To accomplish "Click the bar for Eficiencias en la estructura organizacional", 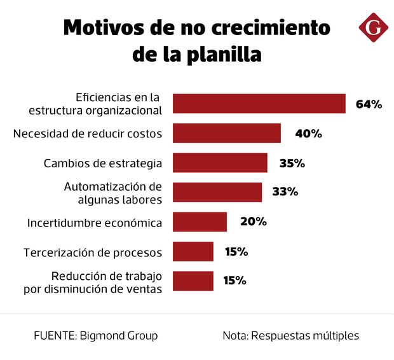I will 259,104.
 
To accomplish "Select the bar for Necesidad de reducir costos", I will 227,134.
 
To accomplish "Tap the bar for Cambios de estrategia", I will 220,163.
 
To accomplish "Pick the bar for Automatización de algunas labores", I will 217,192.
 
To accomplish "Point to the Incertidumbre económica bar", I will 200,222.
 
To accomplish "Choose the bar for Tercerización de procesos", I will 193,251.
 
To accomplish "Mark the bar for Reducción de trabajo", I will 193,280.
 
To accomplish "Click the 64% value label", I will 369,104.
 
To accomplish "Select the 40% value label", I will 309,134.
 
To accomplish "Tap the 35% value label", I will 292,163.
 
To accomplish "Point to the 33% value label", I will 285,192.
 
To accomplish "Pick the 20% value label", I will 253,222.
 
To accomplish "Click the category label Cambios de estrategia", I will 103,163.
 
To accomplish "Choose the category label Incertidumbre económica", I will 95,223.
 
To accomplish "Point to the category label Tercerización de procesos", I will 93,253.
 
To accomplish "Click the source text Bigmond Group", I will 119,335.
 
